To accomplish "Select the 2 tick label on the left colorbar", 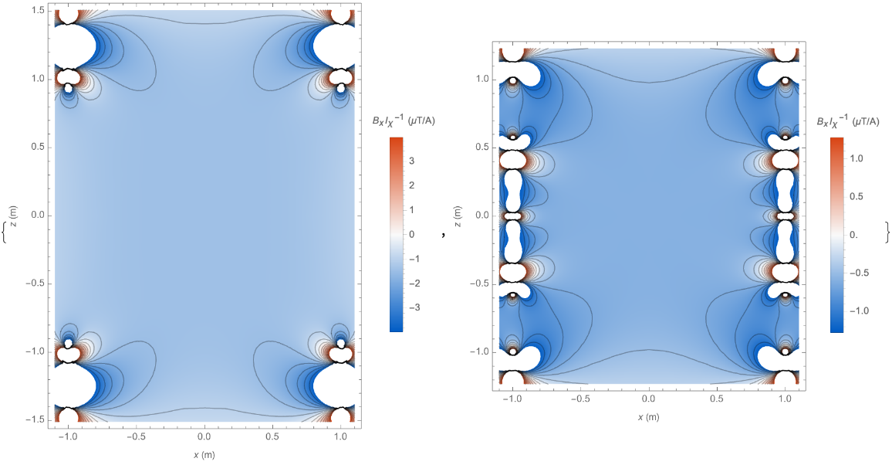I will [412, 185].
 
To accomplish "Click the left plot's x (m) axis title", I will [204, 455].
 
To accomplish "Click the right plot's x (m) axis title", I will [650, 417].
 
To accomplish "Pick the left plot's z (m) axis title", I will [13, 216].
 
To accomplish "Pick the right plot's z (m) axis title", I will [458, 216].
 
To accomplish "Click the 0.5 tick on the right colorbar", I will [856, 195].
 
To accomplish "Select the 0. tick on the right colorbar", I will [854, 234].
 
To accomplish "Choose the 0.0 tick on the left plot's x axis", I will [204, 436].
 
